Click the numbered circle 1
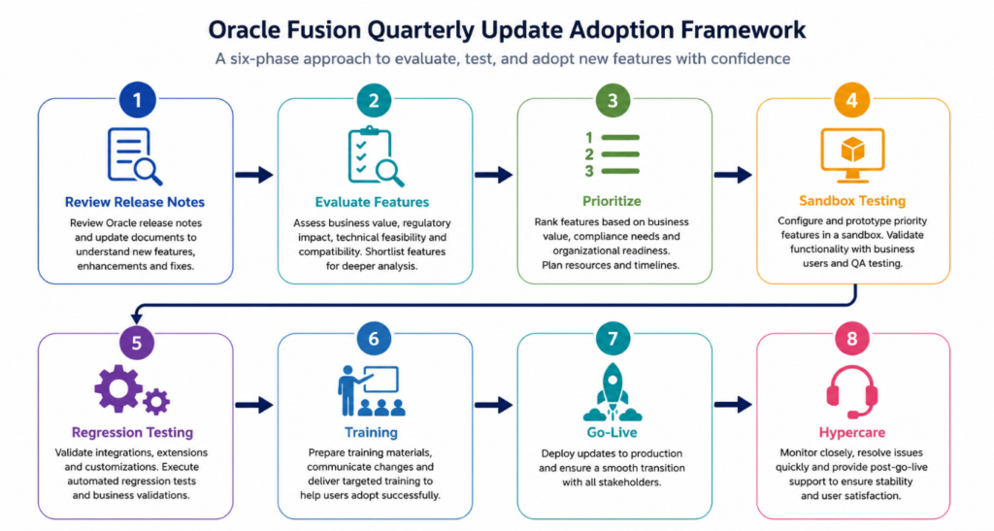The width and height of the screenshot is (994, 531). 137,99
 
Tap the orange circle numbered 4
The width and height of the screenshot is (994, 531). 852,99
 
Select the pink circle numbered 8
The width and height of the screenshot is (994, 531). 852,339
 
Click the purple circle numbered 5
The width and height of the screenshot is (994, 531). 137,342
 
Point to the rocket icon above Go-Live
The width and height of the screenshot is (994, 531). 613,392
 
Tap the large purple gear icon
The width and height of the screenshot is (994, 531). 117,388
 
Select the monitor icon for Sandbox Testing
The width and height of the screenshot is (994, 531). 852,155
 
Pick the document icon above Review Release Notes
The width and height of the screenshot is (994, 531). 134,156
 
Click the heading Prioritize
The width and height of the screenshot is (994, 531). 612,201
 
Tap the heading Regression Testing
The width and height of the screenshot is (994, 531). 132,432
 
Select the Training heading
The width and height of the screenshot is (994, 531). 371,432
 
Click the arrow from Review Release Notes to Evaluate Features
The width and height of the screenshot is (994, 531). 254,175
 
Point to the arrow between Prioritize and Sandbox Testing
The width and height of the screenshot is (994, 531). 734,175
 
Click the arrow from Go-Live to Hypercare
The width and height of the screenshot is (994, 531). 734,404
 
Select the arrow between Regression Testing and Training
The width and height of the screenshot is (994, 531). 254,404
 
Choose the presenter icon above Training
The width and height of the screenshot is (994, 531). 372,390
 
